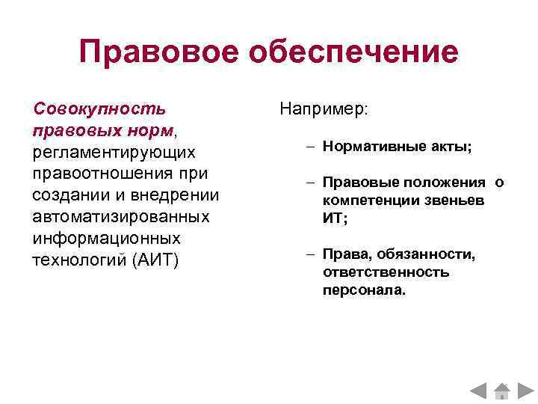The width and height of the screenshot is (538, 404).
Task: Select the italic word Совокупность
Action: pos(99,108)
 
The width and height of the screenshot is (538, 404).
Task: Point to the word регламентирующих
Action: pos(114,152)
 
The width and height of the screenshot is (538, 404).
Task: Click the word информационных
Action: pos(107,238)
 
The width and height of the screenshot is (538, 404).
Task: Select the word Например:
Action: pos(324,109)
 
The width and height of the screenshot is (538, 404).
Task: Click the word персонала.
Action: pos(365,289)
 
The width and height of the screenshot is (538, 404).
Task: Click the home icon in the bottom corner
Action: pos(502,390)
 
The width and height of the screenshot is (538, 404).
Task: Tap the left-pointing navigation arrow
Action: pos(479,391)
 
